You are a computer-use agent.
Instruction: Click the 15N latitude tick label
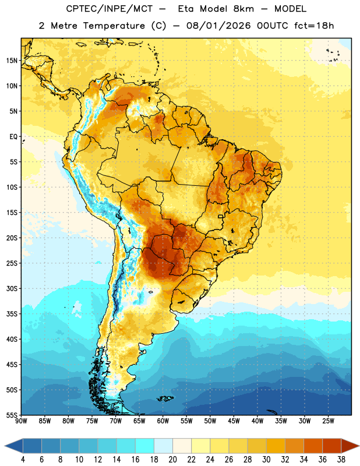pyautogui.click(x=12, y=61)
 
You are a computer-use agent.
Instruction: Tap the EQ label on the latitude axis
pyautogui.click(x=13, y=137)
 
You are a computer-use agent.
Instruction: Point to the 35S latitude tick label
pyautogui.click(x=12, y=314)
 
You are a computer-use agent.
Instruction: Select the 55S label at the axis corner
pyautogui.click(x=12, y=415)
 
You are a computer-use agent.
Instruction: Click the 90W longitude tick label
pyautogui.click(x=21, y=421)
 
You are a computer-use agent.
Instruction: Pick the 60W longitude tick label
pyautogui.click(x=163, y=421)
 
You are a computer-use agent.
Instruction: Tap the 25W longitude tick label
pyautogui.click(x=328, y=421)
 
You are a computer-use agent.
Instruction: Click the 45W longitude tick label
pyautogui.click(x=234, y=421)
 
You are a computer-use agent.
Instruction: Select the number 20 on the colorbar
pyautogui.click(x=172, y=460)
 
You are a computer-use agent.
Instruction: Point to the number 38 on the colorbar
pyautogui.click(x=341, y=460)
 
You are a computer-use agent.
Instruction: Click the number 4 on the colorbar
pyautogui.click(x=23, y=460)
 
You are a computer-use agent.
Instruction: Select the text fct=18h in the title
pyautogui.click(x=314, y=26)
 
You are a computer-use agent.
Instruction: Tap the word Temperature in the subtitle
pyautogui.click(x=114, y=26)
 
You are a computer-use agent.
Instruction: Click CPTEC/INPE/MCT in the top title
pyautogui.click(x=110, y=9)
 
